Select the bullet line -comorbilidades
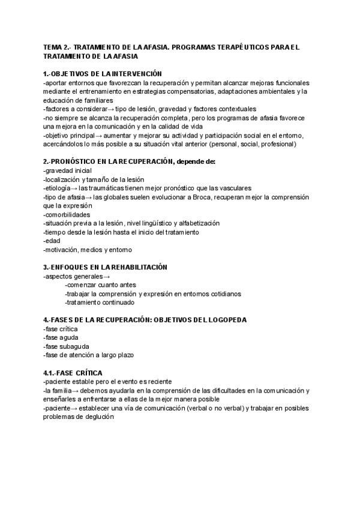point(67,214)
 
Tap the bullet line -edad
point(52,241)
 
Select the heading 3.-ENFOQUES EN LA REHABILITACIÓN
point(105,267)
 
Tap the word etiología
point(59,188)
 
